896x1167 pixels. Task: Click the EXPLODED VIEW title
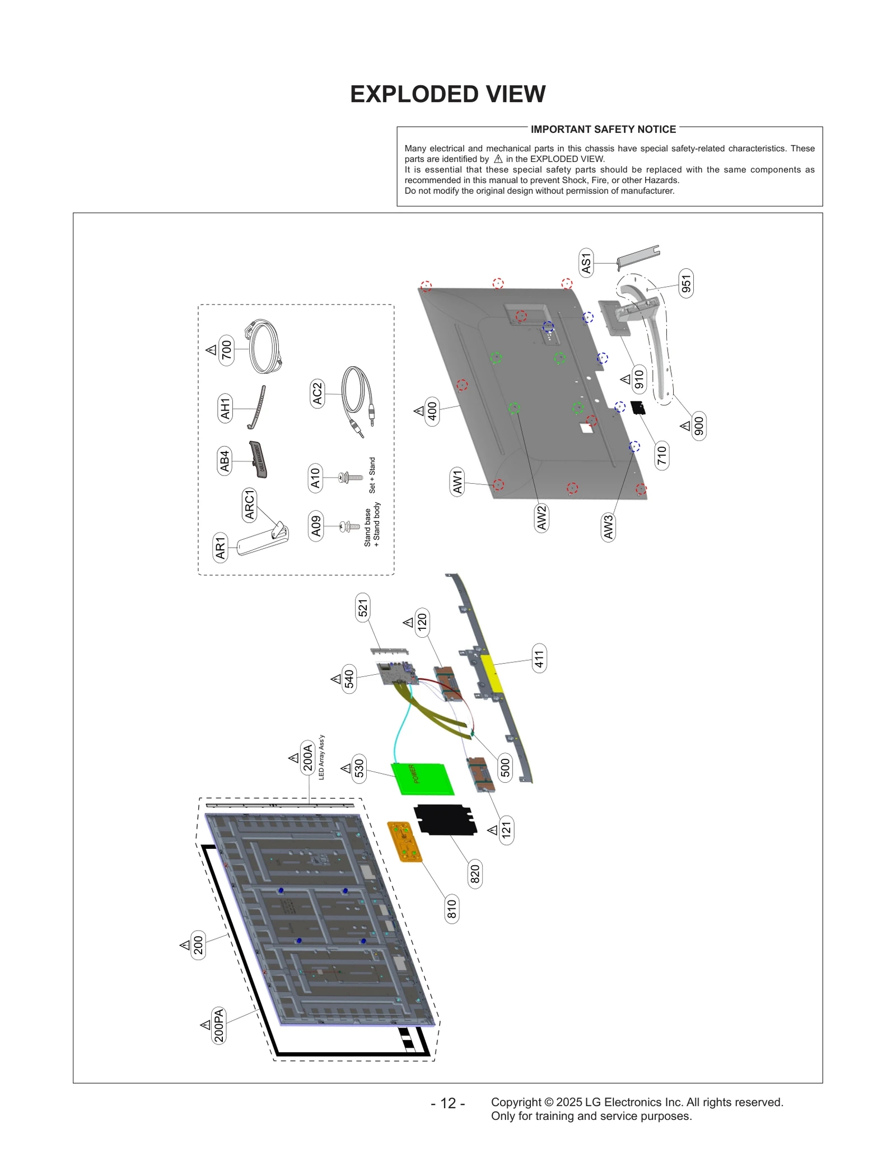click(447, 94)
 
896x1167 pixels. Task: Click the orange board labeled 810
click(404, 842)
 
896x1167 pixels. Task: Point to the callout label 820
click(475, 874)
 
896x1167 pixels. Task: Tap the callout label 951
click(686, 284)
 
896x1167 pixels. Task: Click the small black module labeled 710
click(638, 407)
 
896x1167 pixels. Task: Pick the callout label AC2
click(318, 393)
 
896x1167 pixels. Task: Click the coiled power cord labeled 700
click(263, 347)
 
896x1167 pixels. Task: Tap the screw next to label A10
click(351, 478)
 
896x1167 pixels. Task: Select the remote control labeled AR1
click(262, 539)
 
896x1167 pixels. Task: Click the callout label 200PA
click(219, 1025)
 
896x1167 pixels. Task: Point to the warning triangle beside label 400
click(419, 411)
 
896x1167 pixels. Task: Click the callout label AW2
click(542, 517)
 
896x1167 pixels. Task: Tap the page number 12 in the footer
click(448, 1103)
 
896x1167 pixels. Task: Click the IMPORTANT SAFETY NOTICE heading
click(603, 129)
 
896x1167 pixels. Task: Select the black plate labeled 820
click(445, 819)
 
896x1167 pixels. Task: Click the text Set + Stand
click(372, 475)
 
